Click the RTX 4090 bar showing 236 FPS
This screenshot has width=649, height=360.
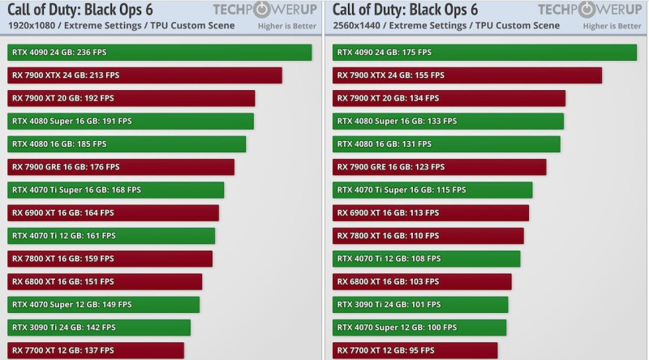click(159, 52)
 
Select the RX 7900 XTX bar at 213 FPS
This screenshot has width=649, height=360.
click(144, 75)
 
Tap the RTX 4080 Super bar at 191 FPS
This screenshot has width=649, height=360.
click(131, 121)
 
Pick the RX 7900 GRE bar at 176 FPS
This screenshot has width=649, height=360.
click(121, 167)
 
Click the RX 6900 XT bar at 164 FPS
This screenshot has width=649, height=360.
click(113, 212)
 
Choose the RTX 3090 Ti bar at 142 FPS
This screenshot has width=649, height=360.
click(99, 328)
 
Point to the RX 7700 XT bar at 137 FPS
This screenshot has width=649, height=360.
click(96, 350)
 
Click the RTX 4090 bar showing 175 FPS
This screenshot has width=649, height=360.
click(484, 52)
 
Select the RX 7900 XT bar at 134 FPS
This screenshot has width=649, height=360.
click(449, 98)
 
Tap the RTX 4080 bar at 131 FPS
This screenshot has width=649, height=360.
click(446, 144)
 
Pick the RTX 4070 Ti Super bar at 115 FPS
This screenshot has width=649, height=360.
click(432, 190)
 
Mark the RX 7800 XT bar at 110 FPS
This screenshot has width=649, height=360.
click(428, 236)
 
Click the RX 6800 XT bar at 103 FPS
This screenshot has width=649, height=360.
click(422, 281)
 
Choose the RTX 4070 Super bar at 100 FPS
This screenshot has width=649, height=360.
click(419, 328)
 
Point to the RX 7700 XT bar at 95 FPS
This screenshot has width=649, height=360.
click(415, 350)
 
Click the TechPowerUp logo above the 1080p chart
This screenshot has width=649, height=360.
click(264, 11)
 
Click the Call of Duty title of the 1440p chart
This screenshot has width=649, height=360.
click(405, 11)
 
